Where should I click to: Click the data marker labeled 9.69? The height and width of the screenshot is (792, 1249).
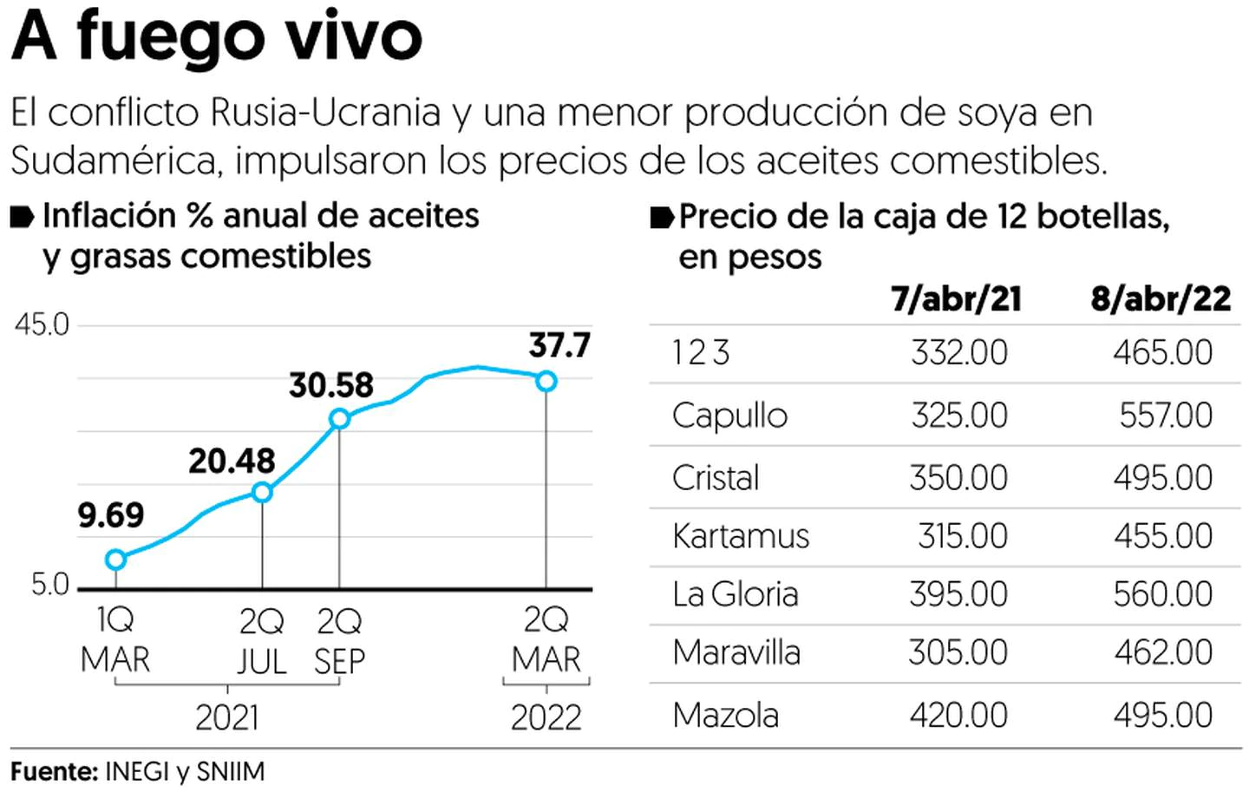[115, 560]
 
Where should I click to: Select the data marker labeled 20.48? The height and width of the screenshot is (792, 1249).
[262, 493]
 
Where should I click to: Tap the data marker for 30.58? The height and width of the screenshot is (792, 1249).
[339, 419]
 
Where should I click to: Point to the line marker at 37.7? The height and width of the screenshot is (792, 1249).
[546, 381]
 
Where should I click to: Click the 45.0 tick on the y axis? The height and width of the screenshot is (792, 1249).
[42, 325]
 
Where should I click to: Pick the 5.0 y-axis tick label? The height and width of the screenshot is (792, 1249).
[49, 585]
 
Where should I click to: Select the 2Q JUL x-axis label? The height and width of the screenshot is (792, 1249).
[262, 642]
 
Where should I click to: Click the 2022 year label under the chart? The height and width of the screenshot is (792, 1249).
[546, 717]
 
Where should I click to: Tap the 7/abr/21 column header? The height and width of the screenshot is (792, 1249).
[956, 299]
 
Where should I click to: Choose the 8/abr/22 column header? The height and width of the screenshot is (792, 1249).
[1161, 299]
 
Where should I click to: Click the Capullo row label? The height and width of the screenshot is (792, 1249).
[729, 416]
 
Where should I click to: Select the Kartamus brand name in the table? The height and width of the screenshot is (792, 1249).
[741, 536]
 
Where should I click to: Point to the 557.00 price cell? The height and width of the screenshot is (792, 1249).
[1166, 416]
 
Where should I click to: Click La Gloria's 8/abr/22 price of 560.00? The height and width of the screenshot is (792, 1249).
[1163, 594]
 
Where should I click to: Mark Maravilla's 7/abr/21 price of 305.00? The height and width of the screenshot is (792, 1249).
[958, 652]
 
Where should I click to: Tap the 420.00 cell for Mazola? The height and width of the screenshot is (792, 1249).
[958, 716]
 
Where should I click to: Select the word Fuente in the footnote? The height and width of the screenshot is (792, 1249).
[52, 771]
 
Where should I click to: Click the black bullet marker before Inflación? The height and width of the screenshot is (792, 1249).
[23, 217]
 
